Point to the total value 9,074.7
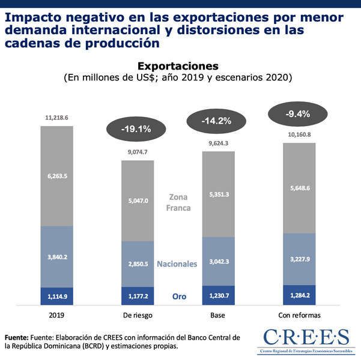pos(138,152)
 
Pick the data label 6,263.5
pos(56,176)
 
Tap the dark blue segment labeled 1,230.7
pos(218,295)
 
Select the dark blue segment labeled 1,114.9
pos(56,296)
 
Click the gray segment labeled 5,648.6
pos(299,188)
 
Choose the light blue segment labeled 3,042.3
pos(218,262)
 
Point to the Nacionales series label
pos(177,264)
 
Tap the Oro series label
pos(179,296)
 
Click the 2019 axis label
pos(56,314)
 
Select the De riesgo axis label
pos(138,314)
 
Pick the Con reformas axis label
pos(299,314)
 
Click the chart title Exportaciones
pos(178,65)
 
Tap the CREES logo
pos(306,339)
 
